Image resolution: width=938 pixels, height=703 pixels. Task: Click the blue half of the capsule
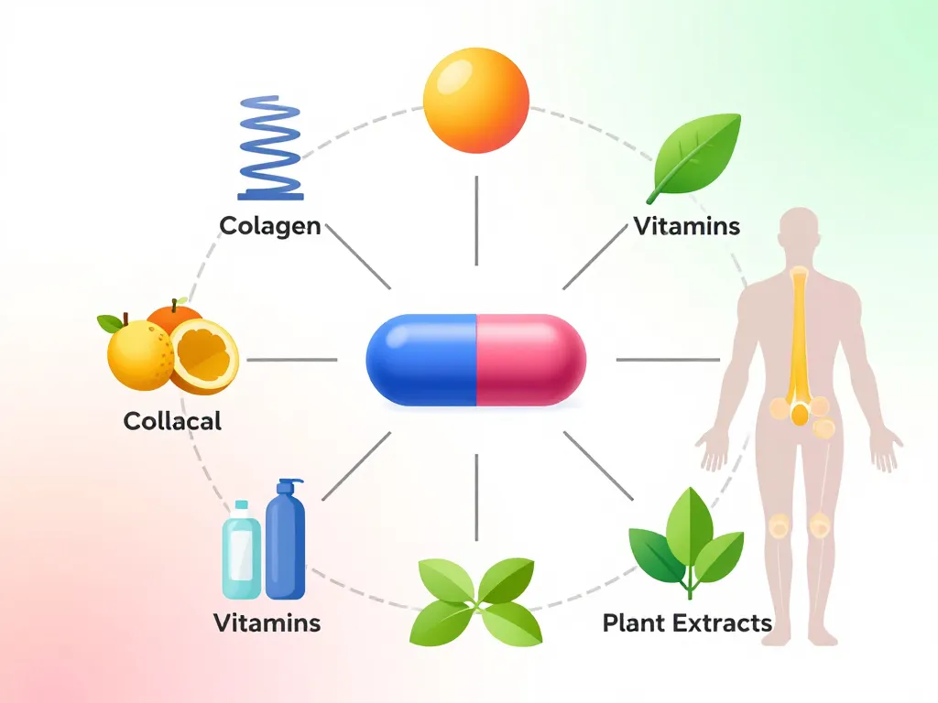[421, 360]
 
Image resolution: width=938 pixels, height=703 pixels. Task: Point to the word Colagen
[270, 225]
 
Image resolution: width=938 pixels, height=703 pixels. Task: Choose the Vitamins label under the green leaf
[687, 226]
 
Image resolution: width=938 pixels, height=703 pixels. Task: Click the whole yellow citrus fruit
[139, 355]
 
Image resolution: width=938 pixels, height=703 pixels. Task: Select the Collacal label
[172, 421]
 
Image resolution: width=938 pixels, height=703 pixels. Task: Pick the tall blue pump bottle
[285, 540]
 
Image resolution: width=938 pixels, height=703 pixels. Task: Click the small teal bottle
[241, 549]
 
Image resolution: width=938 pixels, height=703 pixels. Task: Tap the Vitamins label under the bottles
[267, 623]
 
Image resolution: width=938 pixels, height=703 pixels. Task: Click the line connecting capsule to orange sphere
[476, 220]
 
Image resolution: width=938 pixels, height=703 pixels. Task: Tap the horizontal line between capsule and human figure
[667, 360]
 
